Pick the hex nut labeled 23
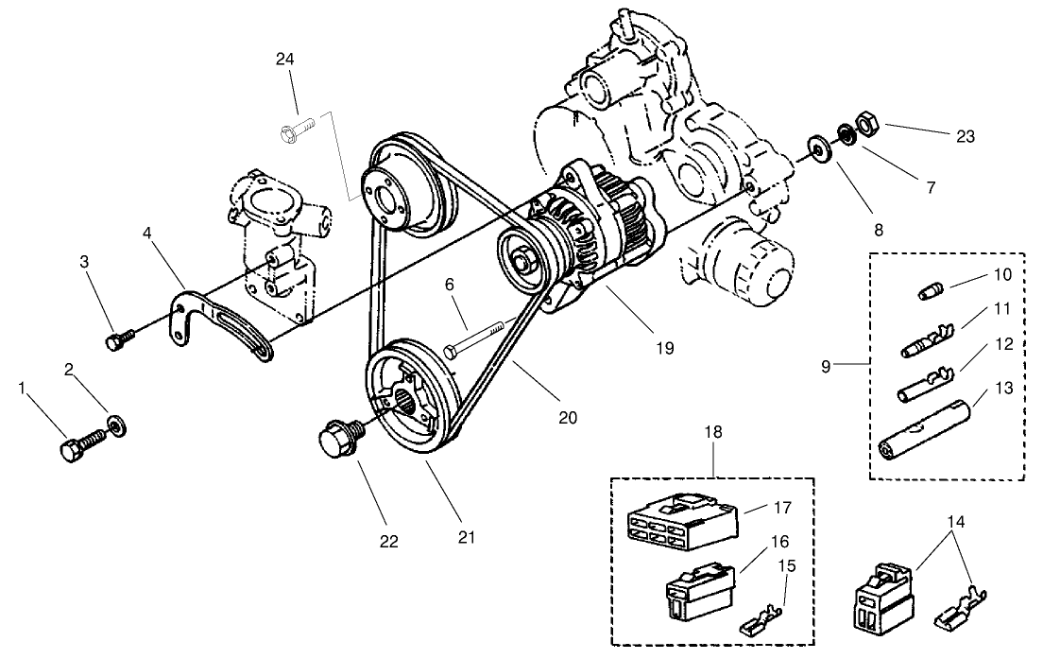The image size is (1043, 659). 867,123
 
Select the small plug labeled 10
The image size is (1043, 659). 931,288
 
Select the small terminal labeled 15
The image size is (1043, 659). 762,621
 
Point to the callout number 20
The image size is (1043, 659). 567,416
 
